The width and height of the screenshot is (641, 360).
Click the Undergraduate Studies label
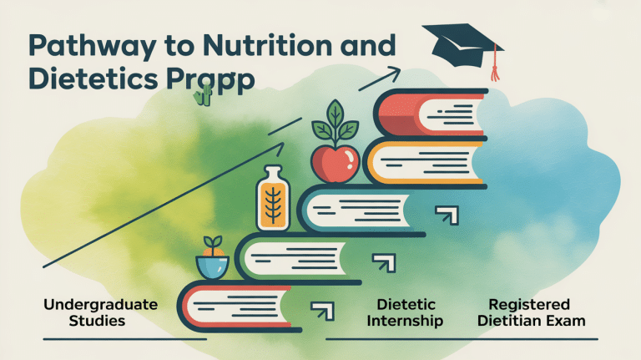(x=100, y=312)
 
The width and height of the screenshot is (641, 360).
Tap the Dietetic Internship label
(x=410, y=312)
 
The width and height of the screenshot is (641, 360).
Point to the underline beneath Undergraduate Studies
(x=124, y=339)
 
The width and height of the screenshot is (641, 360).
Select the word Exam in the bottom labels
(x=568, y=321)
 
